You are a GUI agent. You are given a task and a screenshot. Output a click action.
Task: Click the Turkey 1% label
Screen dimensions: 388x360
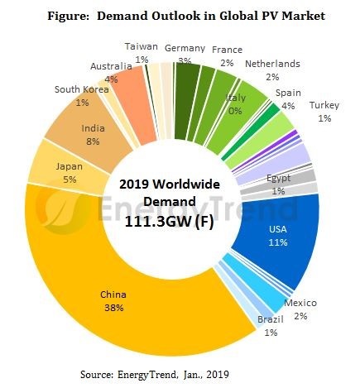[x=324, y=112]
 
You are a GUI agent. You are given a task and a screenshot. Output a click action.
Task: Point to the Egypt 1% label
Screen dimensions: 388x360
[x=277, y=184]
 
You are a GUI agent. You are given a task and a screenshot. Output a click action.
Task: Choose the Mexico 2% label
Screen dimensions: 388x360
[x=300, y=309]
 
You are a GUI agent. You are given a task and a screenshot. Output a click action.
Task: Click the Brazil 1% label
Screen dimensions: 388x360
[x=270, y=327]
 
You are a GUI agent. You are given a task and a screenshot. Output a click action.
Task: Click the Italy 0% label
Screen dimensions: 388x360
[x=236, y=104]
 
